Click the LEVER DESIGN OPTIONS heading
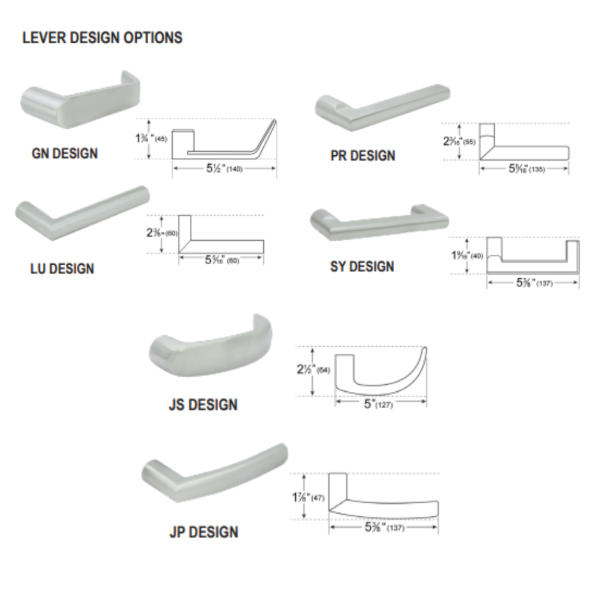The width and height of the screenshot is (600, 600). pos(102,37)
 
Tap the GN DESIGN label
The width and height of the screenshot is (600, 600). pos(65,153)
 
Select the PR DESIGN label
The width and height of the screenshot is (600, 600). pos(363,155)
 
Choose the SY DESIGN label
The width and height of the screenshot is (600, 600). pos(362,267)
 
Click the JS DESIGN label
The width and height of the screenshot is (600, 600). pos(203,405)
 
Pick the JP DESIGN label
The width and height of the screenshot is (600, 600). pos(203,532)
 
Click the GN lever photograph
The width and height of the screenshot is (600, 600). pos(80,100)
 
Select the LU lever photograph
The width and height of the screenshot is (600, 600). pos(80,212)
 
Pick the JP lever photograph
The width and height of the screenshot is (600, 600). pos(215,471)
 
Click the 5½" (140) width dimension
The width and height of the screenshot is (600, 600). pos(224,169)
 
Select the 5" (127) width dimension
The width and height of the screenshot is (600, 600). pos(379,404)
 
